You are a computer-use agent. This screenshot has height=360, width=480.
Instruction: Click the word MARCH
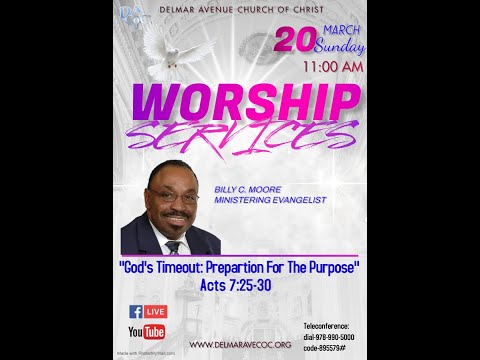click(x=337, y=29)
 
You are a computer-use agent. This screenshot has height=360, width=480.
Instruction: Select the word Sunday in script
click(x=340, y=47)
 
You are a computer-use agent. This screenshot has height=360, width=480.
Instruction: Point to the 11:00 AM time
click(x=332, y=68)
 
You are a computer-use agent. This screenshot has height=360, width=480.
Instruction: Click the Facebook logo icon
click(x=135, y=312)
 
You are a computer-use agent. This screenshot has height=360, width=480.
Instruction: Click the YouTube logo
click(x=146, y=332)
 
